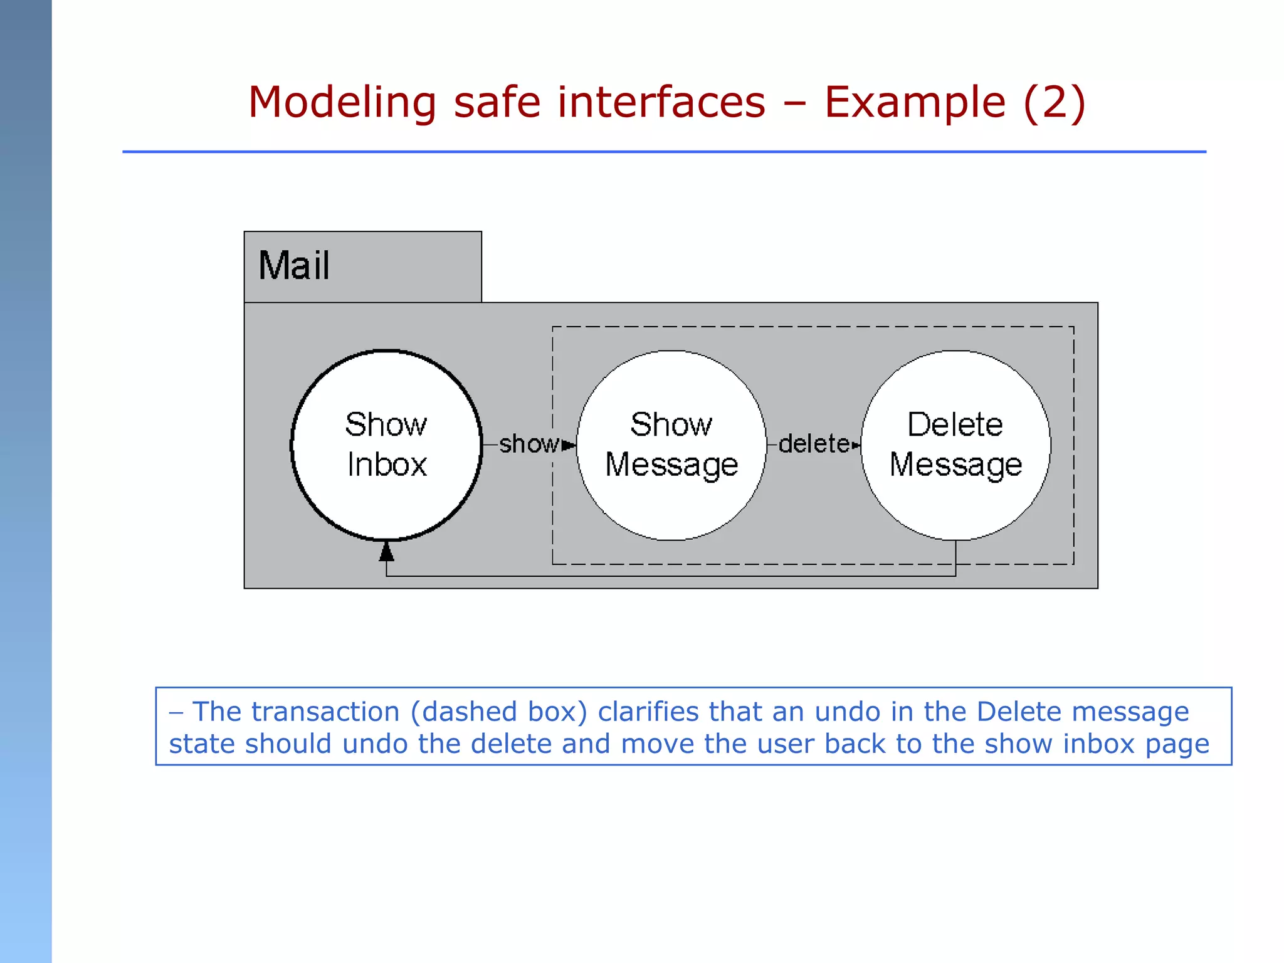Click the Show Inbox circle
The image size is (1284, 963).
[386, 445]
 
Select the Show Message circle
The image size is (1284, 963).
[671, 445]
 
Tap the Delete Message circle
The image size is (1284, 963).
[955, 445]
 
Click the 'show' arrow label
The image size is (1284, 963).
[528, 444]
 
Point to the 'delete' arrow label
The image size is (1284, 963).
[813, 444]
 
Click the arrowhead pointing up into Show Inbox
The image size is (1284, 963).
[387, 552]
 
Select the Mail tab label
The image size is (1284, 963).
[294, 266]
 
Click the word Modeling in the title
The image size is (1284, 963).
[342, 102]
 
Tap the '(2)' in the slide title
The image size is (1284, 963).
[1054, 102]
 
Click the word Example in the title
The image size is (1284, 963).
[915, 102]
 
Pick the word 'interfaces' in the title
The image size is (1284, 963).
[661, 102]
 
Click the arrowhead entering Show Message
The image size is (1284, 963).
[569, 445]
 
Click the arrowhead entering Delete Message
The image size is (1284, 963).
[856, 445]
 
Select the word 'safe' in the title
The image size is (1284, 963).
[497, 102]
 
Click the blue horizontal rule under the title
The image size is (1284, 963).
[664, 152]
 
